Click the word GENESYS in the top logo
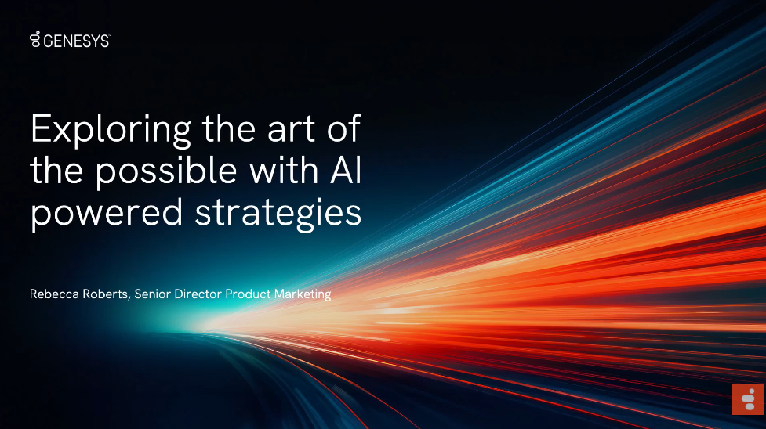tap(76, 41)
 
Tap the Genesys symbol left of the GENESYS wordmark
tap(34, 39)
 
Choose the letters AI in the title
tap(346, 171)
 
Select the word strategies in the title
tap(278, 213)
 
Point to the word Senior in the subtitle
tap(152, 294)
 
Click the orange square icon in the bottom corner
tap(747, 399)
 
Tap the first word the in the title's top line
tap(229, 129)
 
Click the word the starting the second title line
tap(56, 171)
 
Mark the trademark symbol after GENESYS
tap(110, 36)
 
